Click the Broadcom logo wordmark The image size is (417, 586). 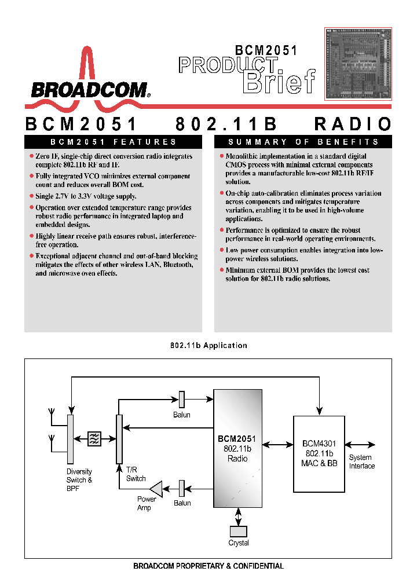click(x=90, y=90)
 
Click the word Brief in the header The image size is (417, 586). click(x=279, y=82)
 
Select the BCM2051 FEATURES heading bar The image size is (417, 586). click(x=113, y=142)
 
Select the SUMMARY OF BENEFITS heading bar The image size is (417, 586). click(x=303, y=142)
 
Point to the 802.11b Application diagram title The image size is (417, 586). click(x=209, y=346)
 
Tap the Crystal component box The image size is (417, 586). click(x=238, y=531)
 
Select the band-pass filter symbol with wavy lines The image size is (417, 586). click(x=94, y=439)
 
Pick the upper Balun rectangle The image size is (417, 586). click(x=181, y=399)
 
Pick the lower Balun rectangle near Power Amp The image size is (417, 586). click(x=181, y=488)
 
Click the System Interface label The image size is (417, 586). click(x=361, y=462)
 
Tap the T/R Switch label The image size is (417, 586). click(x=136, y=474)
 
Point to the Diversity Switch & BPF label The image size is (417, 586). click(x=79, y=480)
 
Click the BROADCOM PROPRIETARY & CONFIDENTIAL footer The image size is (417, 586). click(x=209, y=566)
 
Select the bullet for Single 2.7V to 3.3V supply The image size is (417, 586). click(x=31, y=197)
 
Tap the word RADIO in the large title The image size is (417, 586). click(x=353, y=124)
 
